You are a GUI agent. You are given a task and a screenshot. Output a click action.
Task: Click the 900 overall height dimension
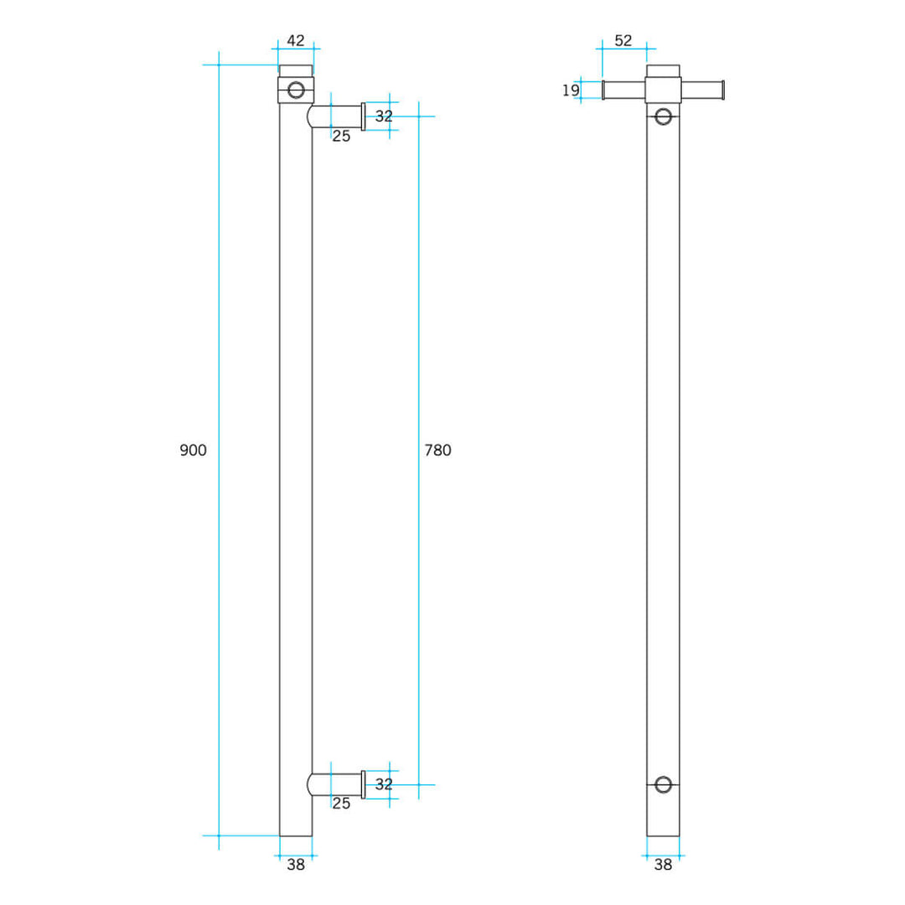(x=193, y=450)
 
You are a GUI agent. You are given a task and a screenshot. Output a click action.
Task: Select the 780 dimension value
(x=437, y=450)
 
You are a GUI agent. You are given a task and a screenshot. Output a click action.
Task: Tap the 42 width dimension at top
(x=296, y=40)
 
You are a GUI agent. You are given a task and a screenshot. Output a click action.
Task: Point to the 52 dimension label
(x=623, y=40)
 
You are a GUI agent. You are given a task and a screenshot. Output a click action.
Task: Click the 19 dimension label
(x=571, y=90)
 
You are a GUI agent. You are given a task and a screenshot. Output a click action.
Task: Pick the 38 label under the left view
(x=296, y=866)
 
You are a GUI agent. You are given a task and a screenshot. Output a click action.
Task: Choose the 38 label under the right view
(x=663, y=866)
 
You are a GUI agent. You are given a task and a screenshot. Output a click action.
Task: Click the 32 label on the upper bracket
(x=384, y=116)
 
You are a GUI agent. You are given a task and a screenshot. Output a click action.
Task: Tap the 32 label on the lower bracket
(x=384, y=784)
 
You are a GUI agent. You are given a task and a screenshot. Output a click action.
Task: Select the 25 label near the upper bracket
(x=341, y=136)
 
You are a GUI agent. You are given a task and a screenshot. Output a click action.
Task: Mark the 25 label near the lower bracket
(x=341, y=804)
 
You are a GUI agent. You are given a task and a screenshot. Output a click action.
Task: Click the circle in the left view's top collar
(x=296, y=90)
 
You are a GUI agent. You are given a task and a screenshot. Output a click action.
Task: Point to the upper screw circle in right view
(x=663, y=116)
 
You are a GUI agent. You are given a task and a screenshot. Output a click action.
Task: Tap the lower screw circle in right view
(x=663, y=784)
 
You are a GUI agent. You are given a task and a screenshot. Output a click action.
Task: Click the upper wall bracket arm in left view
(x=336, y=116)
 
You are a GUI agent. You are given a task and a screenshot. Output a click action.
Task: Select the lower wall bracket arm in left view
(x=336, y=784)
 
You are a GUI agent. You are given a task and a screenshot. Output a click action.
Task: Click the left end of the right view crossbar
(x=605, y=90)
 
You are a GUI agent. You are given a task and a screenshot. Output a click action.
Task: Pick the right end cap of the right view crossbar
(x=721, y=90)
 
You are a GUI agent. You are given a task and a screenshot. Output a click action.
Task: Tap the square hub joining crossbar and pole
(x=663, y=89)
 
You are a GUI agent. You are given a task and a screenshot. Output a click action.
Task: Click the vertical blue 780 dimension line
(x=419, y=335)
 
